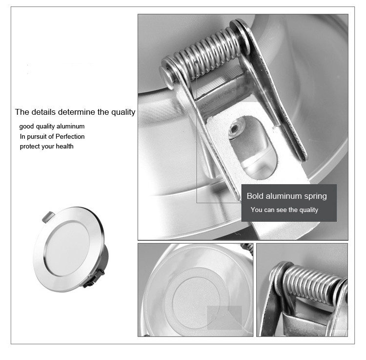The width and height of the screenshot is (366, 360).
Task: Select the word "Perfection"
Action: point(70,136)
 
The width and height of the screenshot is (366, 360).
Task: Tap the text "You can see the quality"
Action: point(285,210)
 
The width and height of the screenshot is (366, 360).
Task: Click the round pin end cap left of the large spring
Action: point(167,77)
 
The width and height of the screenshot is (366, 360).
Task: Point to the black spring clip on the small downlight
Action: point(93,278)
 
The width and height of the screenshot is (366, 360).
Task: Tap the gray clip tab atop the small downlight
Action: point(48,216)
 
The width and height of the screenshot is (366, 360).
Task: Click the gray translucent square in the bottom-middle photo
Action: point(224,318)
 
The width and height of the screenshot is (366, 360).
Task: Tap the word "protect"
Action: point(28,147)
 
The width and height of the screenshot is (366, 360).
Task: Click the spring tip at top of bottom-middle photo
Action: point(247,247)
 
